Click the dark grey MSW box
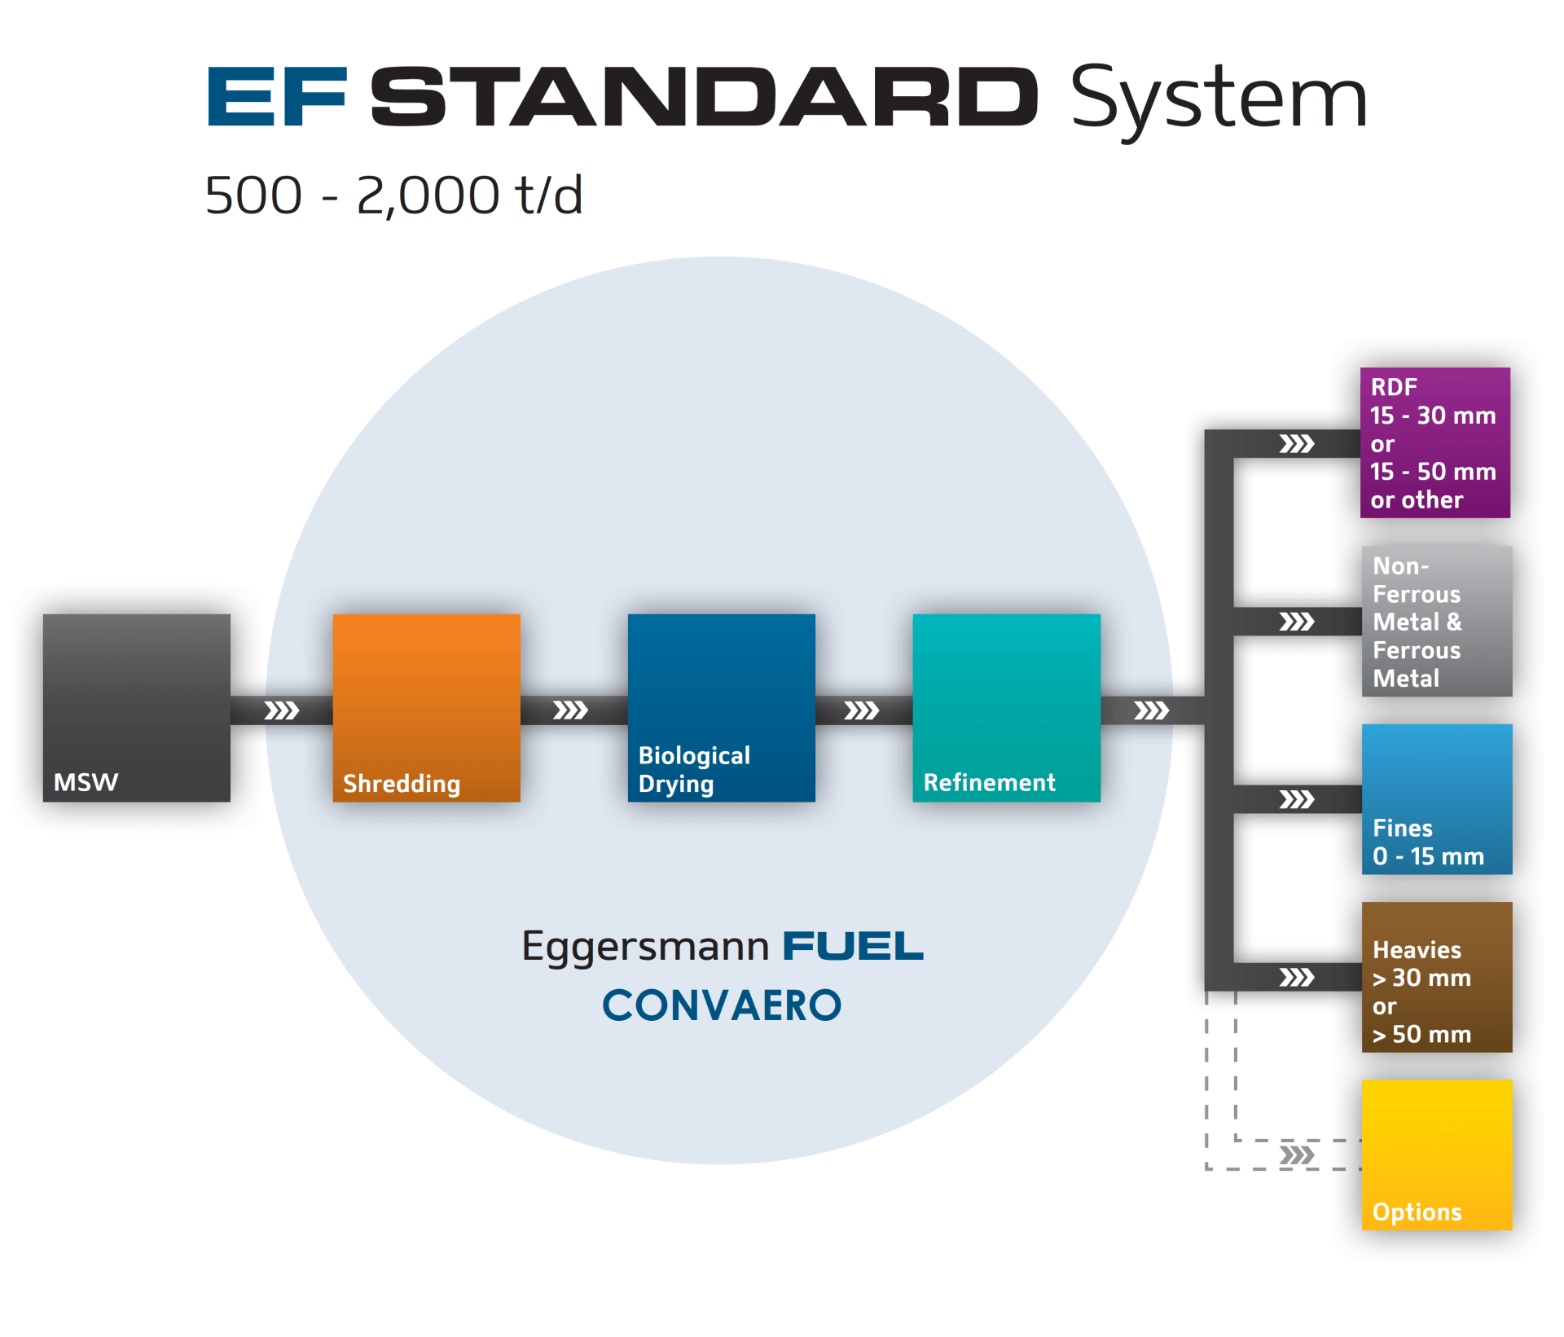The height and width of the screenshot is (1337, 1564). coord(137,708)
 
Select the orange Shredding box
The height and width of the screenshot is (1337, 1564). coord(427,708)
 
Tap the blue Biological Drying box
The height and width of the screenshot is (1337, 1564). coord(722,708)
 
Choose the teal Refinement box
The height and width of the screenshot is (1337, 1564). coord(1007,708)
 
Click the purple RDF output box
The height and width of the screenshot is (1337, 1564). coord(1435,442)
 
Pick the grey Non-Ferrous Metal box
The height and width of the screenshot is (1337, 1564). coord(1437,622)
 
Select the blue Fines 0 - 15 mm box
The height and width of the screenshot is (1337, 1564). coord(1437,799)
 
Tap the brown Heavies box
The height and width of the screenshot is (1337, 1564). coord(1437,977)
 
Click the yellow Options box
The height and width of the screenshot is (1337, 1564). coord(1437,1154)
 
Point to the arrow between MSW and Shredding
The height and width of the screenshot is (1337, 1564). coord(282,710)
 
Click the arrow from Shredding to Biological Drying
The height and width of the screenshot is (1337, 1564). coord(570,710)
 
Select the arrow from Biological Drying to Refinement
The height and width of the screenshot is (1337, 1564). coord(861,710)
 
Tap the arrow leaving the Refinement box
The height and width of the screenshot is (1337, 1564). coord(1152,710)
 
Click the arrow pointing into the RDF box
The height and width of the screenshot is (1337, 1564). coord(1297,443)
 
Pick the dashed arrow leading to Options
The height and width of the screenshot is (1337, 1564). coord(1297,1154)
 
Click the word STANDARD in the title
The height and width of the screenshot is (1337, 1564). coord(705,97)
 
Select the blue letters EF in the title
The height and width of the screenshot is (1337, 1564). coord(278,97)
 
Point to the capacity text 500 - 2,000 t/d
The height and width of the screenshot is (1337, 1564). coord(394,196)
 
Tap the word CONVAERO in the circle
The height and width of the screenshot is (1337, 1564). coord(722,1005)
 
